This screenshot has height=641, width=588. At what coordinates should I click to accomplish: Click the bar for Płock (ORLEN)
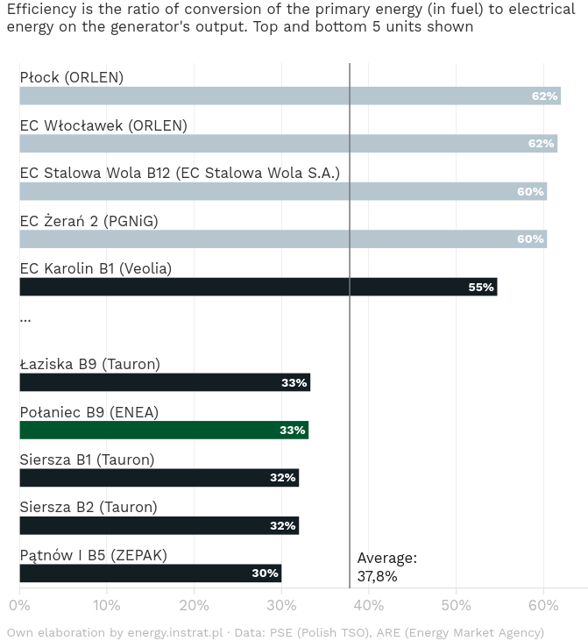[x=289, y=96]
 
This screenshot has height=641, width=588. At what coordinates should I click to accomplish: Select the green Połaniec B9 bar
[x=164, y=430]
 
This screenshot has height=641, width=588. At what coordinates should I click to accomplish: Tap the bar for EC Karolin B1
[x=258, y=287]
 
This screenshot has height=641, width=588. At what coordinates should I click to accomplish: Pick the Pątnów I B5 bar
[x=150, y=573]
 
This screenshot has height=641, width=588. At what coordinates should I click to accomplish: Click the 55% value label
[x=481, y=287]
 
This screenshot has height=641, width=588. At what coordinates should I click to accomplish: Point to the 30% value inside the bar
[x=265, y=573]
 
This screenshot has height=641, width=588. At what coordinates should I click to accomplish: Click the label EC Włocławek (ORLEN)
[x=103, y=125]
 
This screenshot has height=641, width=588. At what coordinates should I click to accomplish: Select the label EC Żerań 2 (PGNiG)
[x=89, y=221]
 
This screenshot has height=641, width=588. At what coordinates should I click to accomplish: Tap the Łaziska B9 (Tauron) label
[x=89, y=364]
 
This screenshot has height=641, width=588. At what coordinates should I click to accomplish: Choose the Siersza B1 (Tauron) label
[x=87, y=459]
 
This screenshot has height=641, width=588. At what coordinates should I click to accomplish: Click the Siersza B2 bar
[x=159, y=526]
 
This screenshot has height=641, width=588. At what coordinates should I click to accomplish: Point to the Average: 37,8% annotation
[x=386, y=566]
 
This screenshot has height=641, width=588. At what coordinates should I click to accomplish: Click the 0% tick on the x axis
[x=19, y=605]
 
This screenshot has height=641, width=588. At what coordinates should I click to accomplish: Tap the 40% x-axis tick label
[x=369, y=605]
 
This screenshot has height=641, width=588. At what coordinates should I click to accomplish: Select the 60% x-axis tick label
[x=543, y=605]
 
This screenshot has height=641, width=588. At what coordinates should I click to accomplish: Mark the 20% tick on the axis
[x=194, y=605]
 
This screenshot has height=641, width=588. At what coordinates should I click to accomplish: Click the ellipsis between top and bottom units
[x=25, y=318]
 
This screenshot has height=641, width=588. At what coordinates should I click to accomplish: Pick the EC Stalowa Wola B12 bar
[x=283, y=191]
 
